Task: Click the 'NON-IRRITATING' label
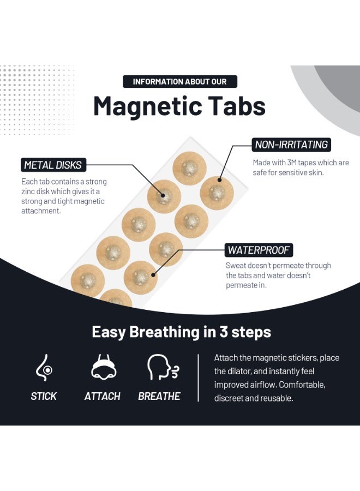point(292,145)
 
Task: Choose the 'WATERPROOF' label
point(259,250)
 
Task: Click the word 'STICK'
point(44,396)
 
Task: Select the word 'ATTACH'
point(103,396)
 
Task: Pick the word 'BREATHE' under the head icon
point(159,396)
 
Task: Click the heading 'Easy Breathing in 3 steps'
point(181,332)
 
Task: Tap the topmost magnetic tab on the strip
point(189,167)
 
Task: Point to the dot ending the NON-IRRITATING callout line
point(220,179)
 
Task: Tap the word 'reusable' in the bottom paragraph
point(278,398)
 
